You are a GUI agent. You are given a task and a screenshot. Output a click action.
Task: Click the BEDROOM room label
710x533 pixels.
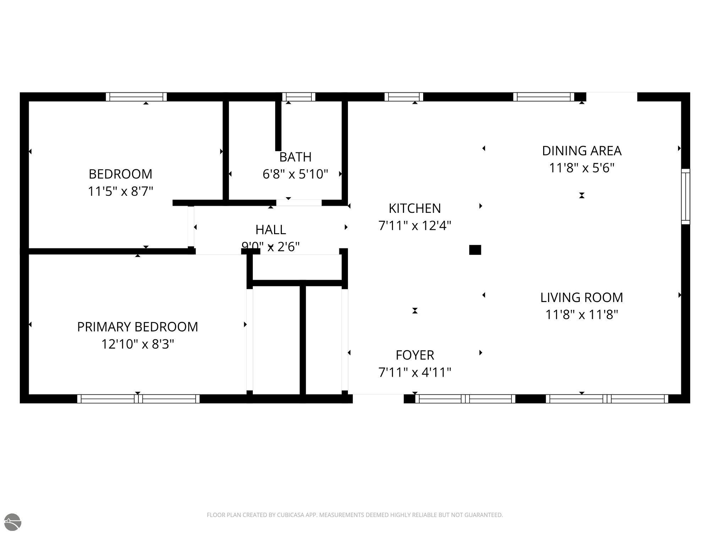click(120, 174)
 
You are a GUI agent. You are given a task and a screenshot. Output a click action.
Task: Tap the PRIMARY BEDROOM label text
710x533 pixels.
click(137, 327)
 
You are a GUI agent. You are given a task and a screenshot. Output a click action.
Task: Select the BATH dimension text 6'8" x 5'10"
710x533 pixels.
click(295, 174)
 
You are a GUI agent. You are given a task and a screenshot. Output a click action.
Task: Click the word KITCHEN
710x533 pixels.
click(415, 208)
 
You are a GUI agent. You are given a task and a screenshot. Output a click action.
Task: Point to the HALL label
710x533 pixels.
click(271, 230)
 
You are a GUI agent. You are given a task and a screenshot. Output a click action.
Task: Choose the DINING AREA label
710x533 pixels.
click(581, 151)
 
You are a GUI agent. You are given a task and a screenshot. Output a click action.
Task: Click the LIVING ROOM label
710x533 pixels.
click(581, 297)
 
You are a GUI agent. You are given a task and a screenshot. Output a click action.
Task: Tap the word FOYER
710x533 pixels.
click(415, 355)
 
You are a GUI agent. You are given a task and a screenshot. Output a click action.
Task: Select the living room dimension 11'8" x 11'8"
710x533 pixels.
click(581, 314)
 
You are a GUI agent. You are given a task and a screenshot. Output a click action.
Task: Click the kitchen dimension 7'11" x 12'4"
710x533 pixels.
click(415, 225)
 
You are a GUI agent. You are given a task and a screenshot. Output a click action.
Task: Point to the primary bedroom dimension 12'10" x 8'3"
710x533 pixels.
click(137, 344)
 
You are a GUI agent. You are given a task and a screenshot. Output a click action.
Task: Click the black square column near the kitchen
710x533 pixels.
click(475, 250)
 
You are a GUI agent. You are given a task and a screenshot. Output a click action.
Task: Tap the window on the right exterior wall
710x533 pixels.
click(686, 196)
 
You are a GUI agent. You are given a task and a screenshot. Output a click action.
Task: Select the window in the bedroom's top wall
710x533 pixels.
click(136, 97)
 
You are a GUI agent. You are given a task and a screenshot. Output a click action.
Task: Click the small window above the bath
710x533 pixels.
click(299, 97)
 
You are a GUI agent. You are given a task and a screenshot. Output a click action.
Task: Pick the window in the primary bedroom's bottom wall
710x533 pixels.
click(138, 399)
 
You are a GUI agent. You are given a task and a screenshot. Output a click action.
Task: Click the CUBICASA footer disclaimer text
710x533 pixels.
click(355, 515)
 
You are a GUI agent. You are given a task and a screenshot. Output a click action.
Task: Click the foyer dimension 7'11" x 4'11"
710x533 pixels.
click(415, 372)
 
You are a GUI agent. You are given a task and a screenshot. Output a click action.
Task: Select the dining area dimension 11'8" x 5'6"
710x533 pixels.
click(581, 168)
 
